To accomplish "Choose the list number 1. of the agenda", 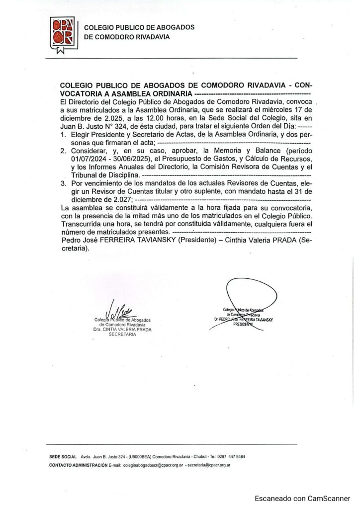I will pyautogui.click(x=63, y=135).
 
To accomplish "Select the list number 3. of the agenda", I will pyautogui.click(x=63, y=183).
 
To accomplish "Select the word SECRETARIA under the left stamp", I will pyautogui.click(x=122, y=335).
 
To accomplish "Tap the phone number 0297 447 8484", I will pyautogui.click(x=230, y=456).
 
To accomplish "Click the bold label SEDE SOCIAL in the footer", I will pyautogui.click(x=63, y=456).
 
